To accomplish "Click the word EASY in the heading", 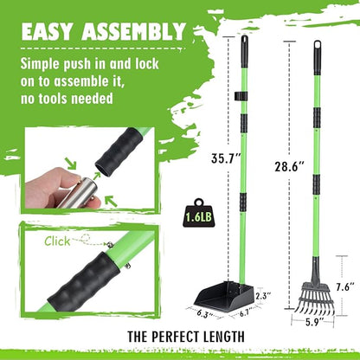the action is [x=47, y=31].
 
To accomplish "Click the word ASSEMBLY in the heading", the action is [x=133, y=31].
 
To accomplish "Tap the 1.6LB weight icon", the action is [x=198, y=213].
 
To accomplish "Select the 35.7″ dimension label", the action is [x=226, y=158].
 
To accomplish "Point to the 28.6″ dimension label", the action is [x=289, y=167].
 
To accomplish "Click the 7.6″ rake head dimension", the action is [x=344, y=287].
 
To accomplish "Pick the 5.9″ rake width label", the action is [x=314, y=322].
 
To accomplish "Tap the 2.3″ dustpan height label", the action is [x=264, y=296].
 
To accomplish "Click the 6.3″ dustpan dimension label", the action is [x=204, y=314].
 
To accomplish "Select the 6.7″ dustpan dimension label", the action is [x=247, y=312].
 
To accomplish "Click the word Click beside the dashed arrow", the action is [x=57, y=241].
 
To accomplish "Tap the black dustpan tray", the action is [x=224, y=295].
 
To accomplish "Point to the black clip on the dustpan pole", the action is [x=241, y=96].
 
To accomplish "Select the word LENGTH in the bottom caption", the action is [x=223, y=337].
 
